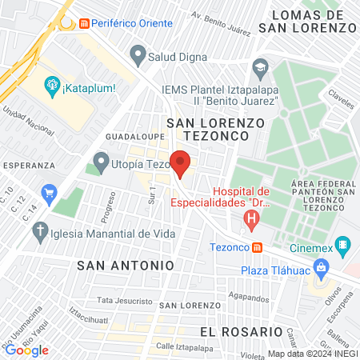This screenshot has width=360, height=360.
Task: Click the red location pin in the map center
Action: (x=181, y=163)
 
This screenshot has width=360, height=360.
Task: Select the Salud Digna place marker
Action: (x=138, y=56)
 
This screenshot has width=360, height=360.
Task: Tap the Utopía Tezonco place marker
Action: (x=102, y=163)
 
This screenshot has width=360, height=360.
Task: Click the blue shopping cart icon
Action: (x=50, y=192)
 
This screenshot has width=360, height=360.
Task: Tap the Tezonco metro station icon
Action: (x=256, y=247)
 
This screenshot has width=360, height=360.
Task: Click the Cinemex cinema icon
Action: (x=343, y=245)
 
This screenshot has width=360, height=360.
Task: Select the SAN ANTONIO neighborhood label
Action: (x=126, y=263)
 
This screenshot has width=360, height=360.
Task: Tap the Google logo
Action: (x=26, y=350)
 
